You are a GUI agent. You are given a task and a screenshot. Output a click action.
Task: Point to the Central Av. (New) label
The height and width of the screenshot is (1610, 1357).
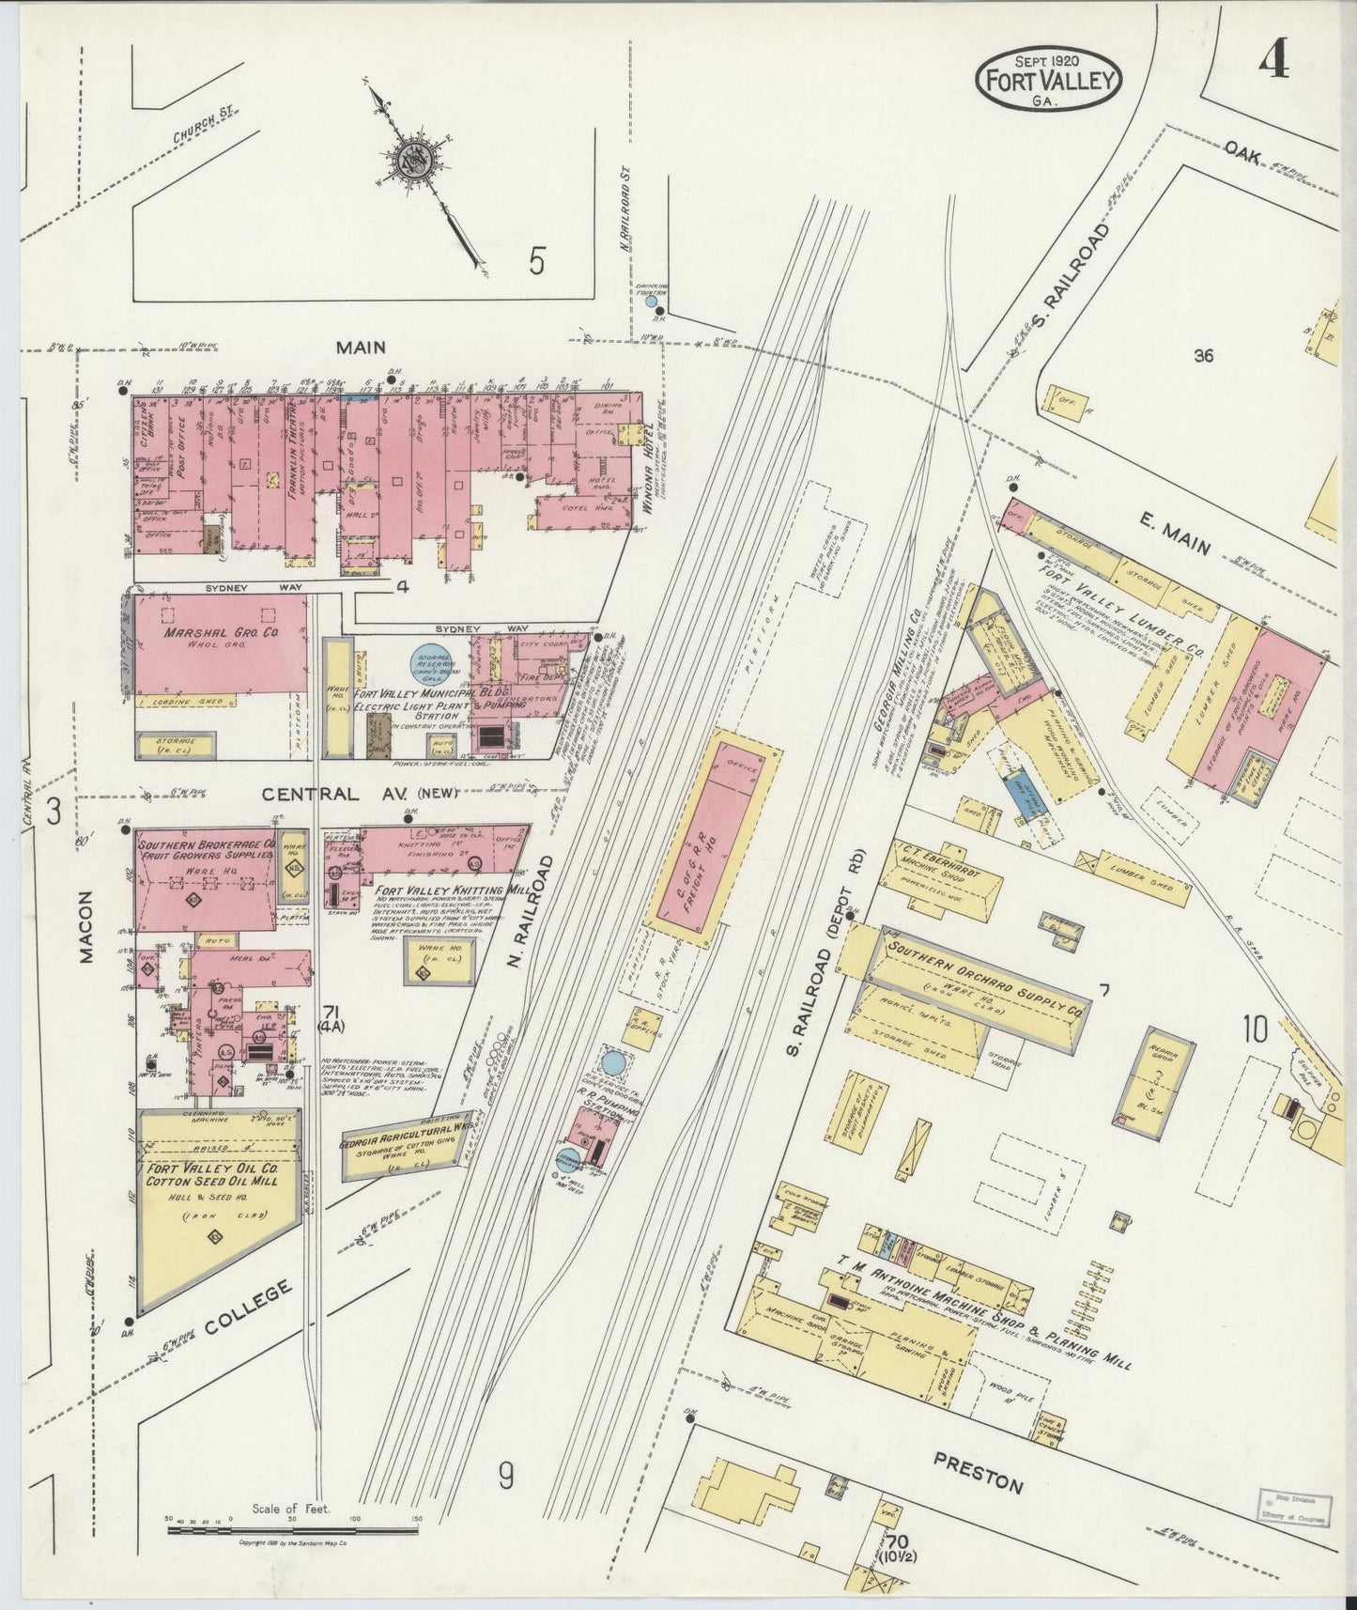(x=360, y=794)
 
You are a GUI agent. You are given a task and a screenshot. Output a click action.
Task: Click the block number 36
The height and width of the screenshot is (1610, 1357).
(x=1204, y=355)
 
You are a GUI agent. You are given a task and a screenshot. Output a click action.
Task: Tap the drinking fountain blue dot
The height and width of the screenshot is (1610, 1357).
(x=651, y=302)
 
